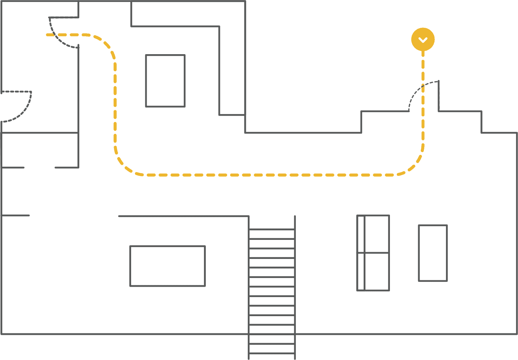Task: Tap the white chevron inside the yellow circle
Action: click(423, 40)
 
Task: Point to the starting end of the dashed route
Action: click(48, 35)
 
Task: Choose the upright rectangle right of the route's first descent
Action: click(165, 81)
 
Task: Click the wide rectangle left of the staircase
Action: click(167, 266)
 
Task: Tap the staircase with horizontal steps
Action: click(272, 286)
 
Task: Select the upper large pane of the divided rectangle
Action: click(377, 234)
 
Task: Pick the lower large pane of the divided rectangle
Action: click(377, 272)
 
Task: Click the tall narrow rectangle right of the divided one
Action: click(433, 253)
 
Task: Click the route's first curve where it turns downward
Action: click(107, 44)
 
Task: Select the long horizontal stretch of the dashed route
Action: click(267, 175)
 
